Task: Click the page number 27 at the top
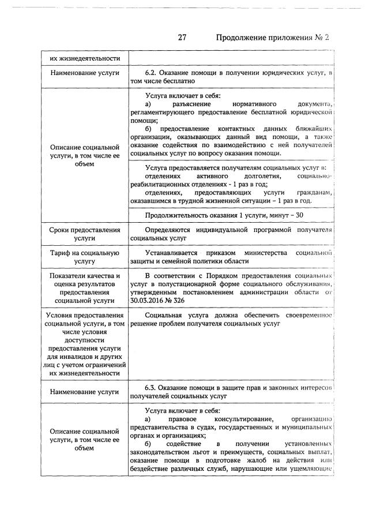182,38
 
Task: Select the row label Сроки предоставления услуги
84,234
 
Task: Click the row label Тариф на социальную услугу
84,257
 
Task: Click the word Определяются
171,230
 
